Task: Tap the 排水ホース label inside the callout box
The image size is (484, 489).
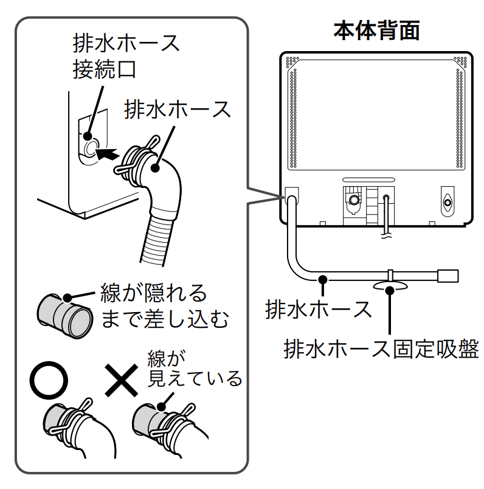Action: (x=178, y=110)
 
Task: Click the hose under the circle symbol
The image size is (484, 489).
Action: (x=79, y=429)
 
